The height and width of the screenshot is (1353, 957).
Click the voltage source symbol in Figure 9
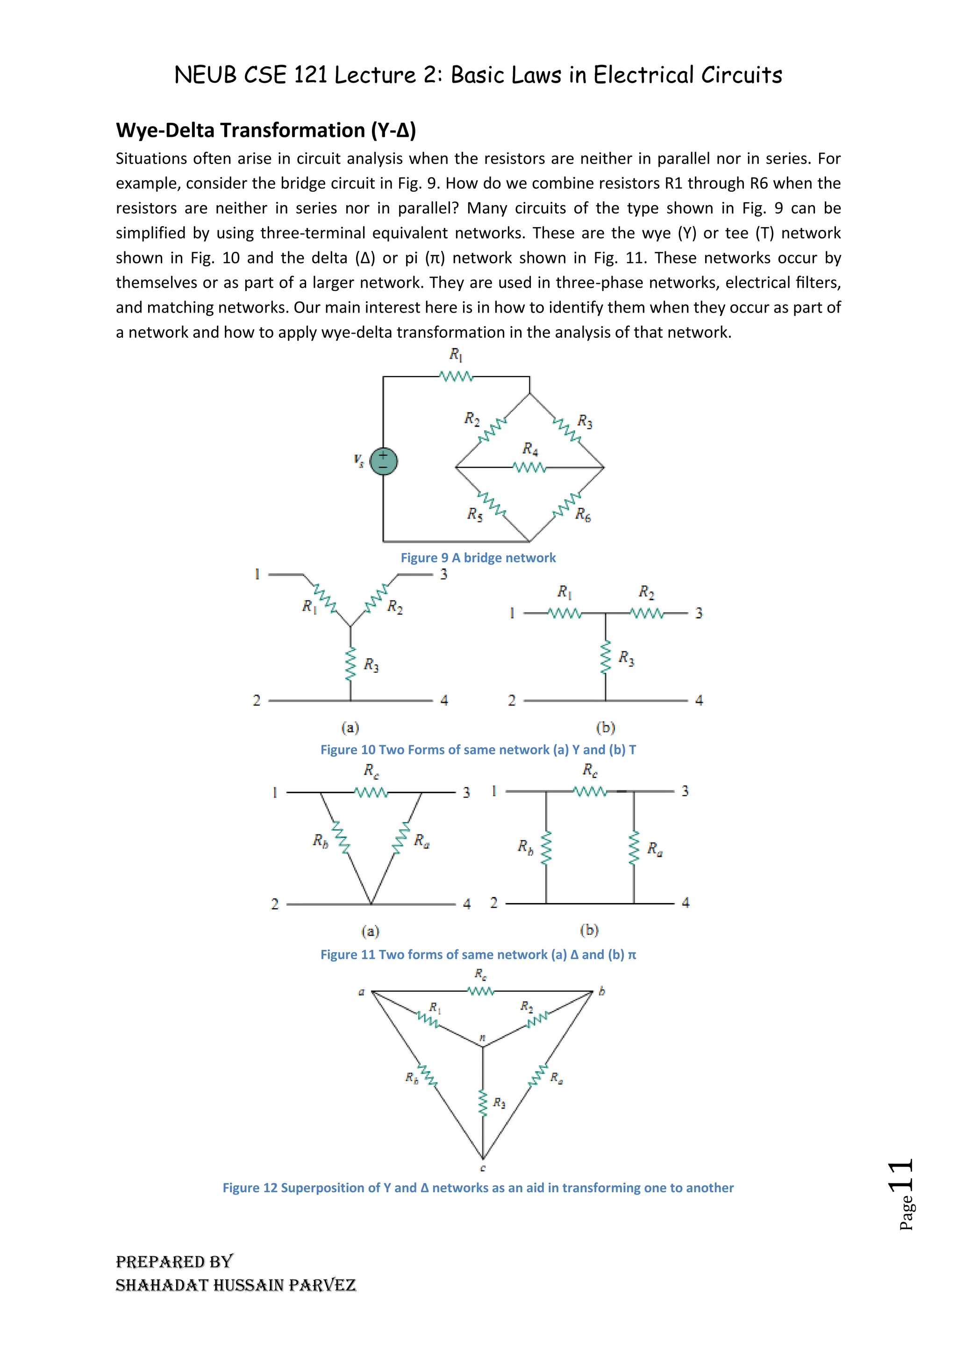coord(383,462)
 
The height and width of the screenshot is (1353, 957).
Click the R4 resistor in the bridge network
coord(530,468)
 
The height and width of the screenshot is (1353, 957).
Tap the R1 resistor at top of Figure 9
coord(456,376)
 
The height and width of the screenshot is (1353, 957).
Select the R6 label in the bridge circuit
coord(583,514)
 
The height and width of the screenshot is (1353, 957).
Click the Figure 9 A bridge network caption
coord(478,557)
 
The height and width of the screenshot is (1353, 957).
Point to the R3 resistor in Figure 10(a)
coord(350,664)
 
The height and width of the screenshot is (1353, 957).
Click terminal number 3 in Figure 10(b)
coord(699,613)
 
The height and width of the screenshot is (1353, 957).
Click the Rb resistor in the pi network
coord(546,848)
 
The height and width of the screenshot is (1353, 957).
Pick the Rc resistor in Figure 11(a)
coord(371,792)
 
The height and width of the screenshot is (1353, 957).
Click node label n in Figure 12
coord(483,1037)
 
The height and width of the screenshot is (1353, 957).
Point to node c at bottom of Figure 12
coord(483,1168)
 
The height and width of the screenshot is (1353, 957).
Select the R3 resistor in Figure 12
coord(483,1103)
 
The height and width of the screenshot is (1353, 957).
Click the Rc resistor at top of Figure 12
coord(481,992)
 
